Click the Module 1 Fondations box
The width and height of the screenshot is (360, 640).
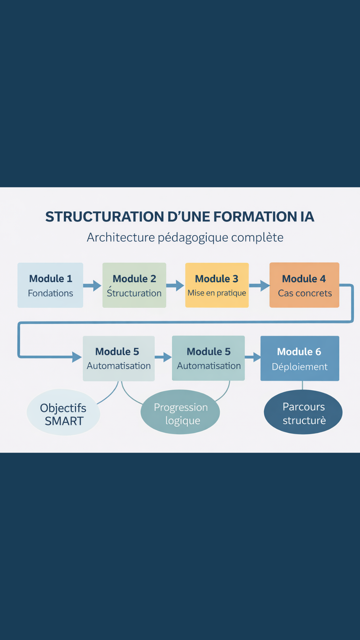50,285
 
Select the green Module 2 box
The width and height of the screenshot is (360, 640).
134,285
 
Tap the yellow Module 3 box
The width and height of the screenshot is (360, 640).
217,285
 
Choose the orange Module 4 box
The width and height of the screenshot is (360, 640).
304,285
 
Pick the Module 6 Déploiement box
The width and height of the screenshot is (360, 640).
300,358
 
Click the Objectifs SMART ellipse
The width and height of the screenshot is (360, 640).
63,412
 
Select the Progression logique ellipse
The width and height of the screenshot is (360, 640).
180,412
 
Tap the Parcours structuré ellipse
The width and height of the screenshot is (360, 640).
303,412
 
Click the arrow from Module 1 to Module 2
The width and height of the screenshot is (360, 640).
93,285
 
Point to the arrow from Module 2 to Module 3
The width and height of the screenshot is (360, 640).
175,285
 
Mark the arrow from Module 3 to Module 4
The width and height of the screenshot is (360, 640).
259,285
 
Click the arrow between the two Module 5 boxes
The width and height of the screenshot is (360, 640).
163,357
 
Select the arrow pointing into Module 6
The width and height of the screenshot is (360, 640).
253,357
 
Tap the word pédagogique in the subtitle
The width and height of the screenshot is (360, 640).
193,238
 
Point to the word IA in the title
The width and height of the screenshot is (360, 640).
307,217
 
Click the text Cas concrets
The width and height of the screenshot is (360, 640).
305,293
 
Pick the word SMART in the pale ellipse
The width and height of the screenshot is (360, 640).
64,421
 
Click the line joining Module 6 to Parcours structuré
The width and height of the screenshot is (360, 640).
302,385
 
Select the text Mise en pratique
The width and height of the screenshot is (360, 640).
217,293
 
